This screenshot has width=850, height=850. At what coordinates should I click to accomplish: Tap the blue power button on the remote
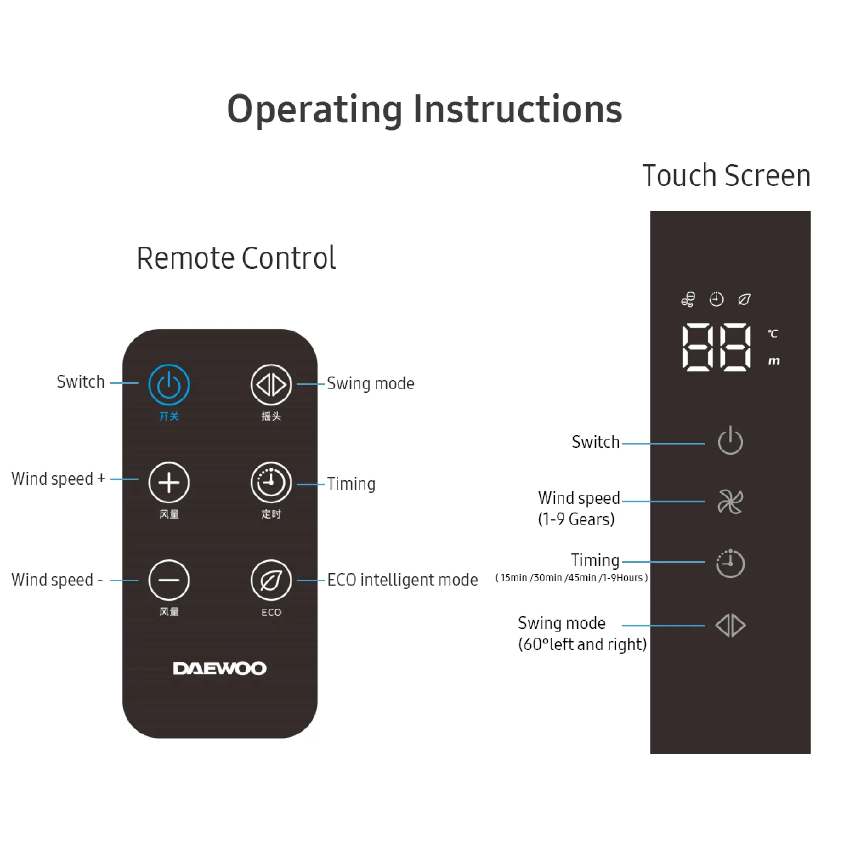point(169,384)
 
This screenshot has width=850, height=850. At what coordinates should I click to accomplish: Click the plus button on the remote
point(169,483)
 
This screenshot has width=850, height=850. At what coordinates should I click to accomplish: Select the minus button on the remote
point(169,580)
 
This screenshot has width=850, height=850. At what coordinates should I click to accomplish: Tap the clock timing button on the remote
point(271,483)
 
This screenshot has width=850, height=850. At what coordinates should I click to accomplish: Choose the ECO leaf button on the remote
point(271,580)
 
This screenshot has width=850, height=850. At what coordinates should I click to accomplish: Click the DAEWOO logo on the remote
point(220,668)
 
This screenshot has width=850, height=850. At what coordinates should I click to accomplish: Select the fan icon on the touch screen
point(730,501)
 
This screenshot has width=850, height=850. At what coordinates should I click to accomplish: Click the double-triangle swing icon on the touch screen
point(730,625)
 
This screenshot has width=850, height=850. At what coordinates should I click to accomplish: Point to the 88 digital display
point(716,347)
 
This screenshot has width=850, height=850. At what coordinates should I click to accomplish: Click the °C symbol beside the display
point(773,333)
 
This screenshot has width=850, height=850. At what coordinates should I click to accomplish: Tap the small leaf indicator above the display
point(744,299)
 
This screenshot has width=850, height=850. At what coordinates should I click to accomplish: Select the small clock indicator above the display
point(717,299)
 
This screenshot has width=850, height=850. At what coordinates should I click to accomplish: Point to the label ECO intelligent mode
point(403,580)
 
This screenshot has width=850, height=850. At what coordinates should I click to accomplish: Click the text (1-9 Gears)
point(576,519)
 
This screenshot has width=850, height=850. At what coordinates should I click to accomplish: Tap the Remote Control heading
point(236,258)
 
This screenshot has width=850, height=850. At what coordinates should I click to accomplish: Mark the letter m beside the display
point(774,361)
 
